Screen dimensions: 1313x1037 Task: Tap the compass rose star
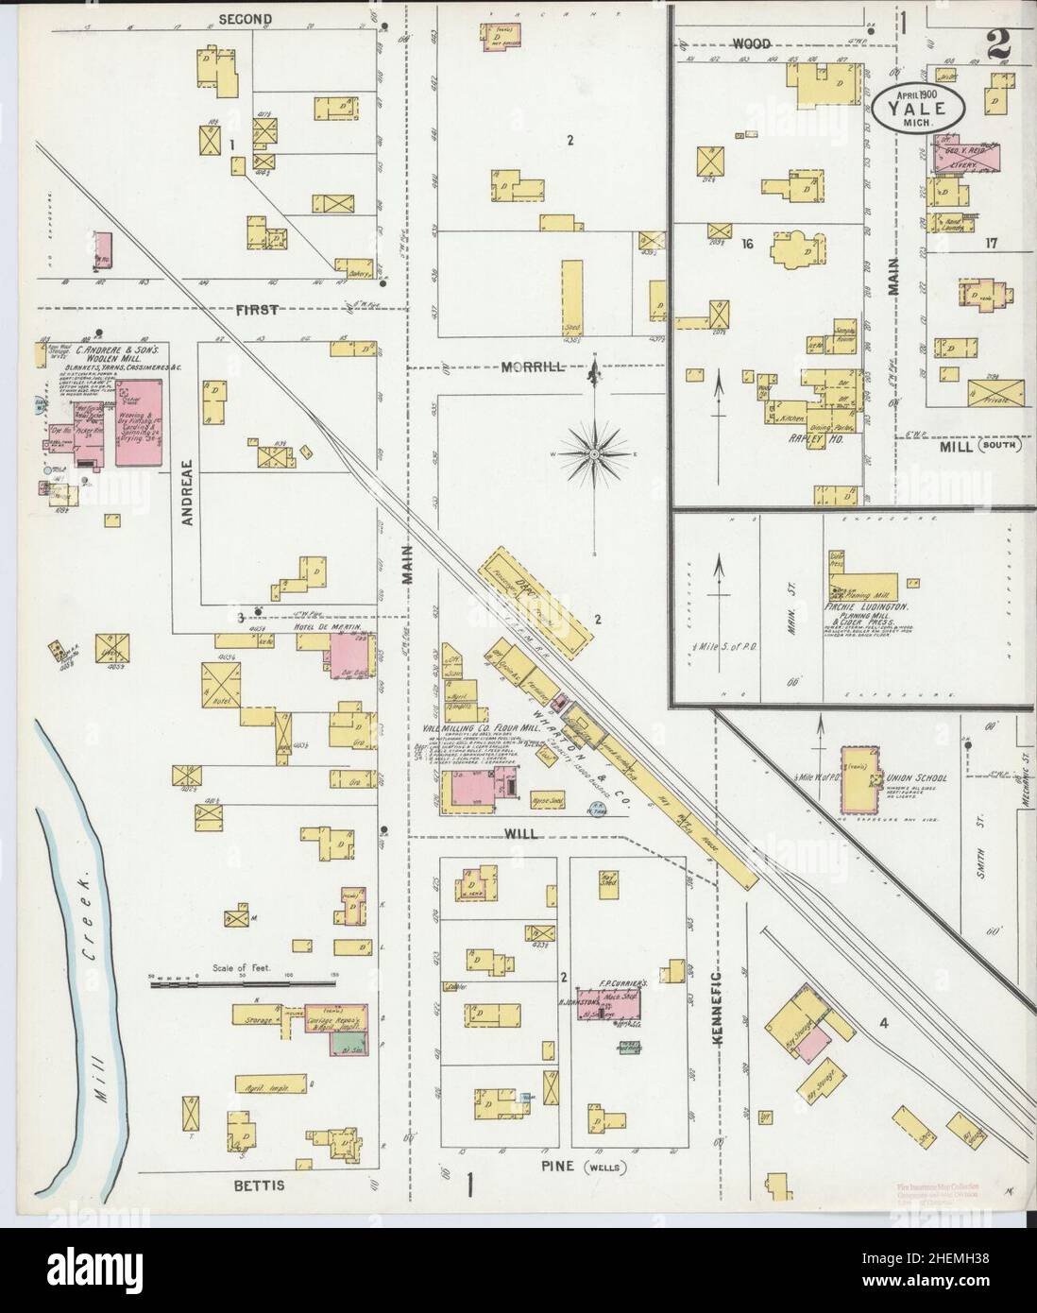click(x=594, y=456)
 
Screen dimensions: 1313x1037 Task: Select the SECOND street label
click(x=245, y=19)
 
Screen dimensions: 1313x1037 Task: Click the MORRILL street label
click(x=535, y=368)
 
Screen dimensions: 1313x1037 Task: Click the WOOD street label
click(x=751, y=43)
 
